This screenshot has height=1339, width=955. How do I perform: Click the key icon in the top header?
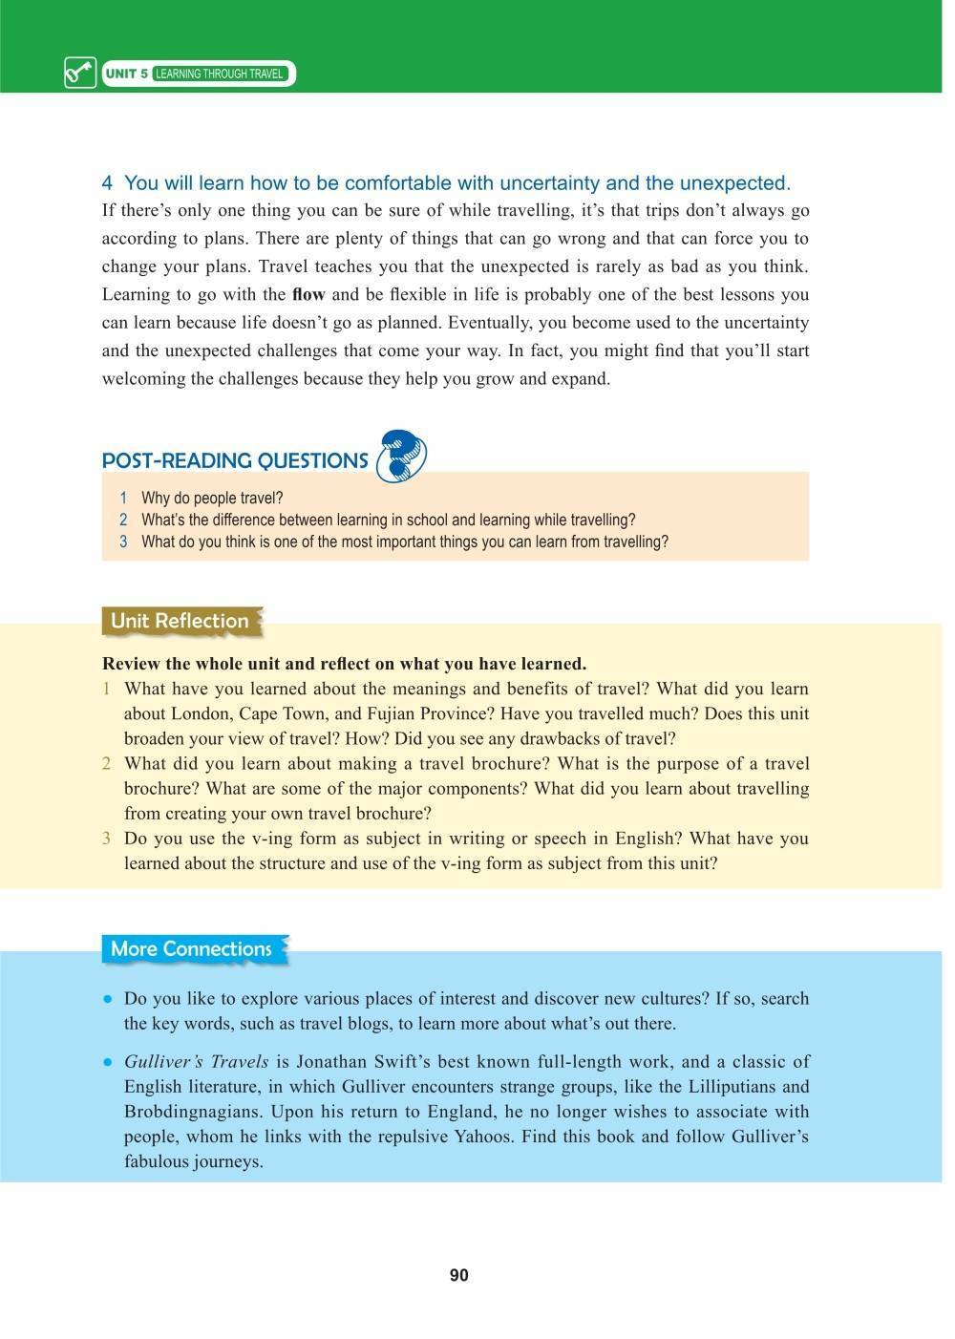[x=80, y=74]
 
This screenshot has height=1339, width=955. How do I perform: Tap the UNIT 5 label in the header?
[x=126, y=74]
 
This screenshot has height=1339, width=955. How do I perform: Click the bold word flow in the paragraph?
[x=308, y=295]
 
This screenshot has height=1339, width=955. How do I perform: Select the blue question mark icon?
[x=401, y=456]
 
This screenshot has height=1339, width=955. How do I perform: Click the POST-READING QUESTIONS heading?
[x=235, y=461]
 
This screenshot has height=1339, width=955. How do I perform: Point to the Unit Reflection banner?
[x=180, y=621]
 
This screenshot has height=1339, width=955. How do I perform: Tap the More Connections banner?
[x=191, y=949]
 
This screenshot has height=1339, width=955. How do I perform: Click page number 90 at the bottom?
[x=458, y=1276]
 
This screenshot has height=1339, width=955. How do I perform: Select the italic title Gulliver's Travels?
[x=196, y=1062]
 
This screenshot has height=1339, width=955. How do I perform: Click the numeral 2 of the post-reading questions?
[x=123, y=521]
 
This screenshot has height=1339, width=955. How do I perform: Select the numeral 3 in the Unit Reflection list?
[x=107, y=839]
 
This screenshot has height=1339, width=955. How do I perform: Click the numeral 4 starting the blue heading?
[x=108, y=183]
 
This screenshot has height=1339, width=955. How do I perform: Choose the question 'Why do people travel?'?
[x=212, y=499]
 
